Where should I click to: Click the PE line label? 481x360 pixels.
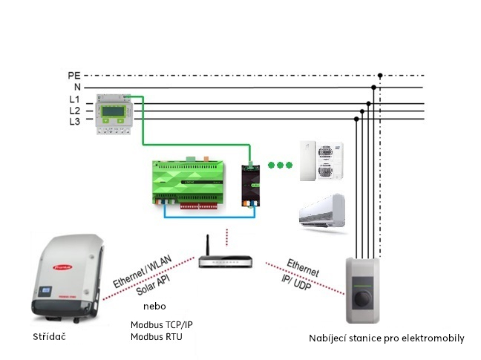pyautogui.click(x=73, y=76)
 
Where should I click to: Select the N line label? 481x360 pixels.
pyautogui.click(x=76, y=87)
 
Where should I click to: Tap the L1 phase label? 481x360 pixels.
pyautogui.click(x=75, y=99)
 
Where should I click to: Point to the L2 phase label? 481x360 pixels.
pyautogui.click(x=75, y=110)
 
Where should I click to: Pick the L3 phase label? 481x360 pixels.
pyautogui.click(x=75, y=120)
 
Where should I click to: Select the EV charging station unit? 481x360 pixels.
pyautogui.click(x=364, y=290)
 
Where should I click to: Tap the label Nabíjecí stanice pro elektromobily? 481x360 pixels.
pyautogui.click(x=387, y=338)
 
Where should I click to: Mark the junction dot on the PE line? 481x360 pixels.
pyautogui.click(x=380, y=76)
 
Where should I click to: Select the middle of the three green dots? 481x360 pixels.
pyautogui.click(x=281, y=165)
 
